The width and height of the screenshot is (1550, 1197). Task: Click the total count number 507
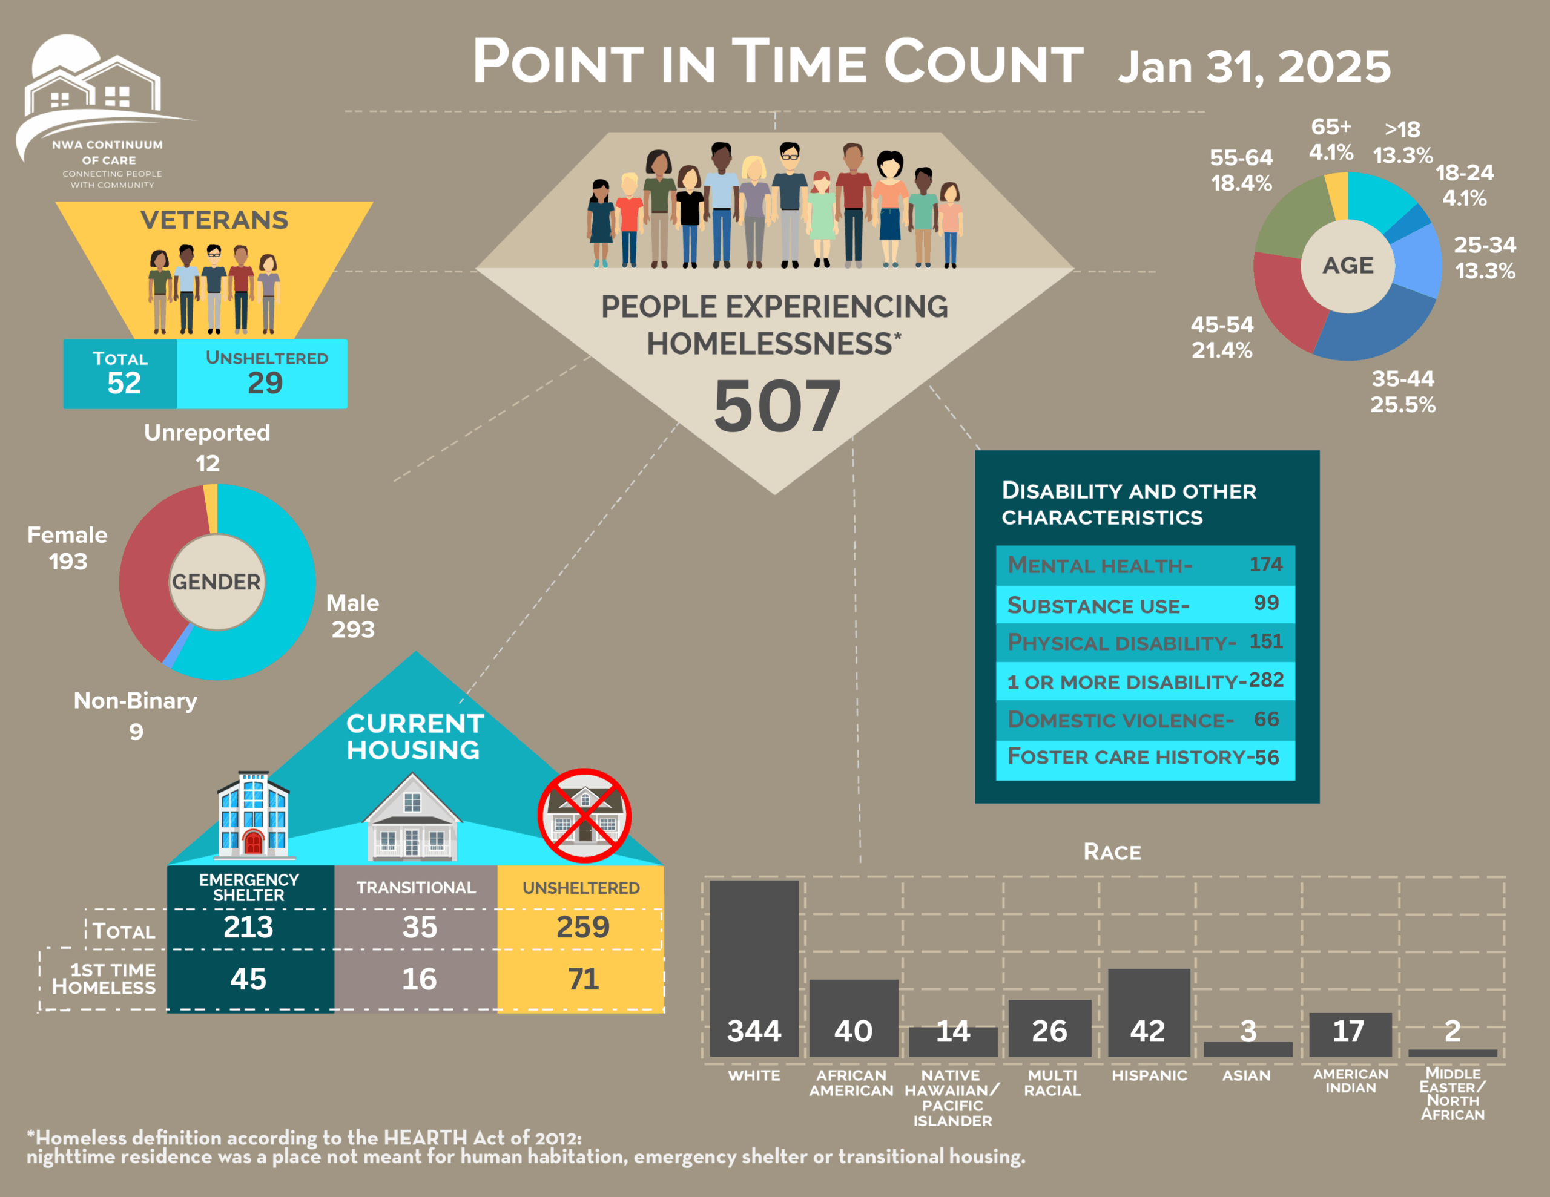776,406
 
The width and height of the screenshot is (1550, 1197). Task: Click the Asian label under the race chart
1245,1076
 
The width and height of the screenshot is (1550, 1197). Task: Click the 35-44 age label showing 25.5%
1402,392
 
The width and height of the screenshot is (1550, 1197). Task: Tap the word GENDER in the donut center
217,582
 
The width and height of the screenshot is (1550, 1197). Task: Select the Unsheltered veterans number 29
265,383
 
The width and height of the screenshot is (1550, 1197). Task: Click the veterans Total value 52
124,383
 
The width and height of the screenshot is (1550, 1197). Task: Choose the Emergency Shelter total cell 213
248,927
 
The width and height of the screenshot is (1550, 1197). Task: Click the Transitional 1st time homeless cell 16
419,979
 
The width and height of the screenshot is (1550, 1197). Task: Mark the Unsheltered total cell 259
582,927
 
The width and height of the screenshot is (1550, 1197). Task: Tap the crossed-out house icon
584,816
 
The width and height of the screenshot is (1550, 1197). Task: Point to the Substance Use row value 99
1265,603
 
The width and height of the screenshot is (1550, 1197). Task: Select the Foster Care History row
1144,757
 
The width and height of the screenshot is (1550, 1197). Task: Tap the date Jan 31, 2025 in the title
1254,67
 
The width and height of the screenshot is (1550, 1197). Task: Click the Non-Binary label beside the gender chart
136,701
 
